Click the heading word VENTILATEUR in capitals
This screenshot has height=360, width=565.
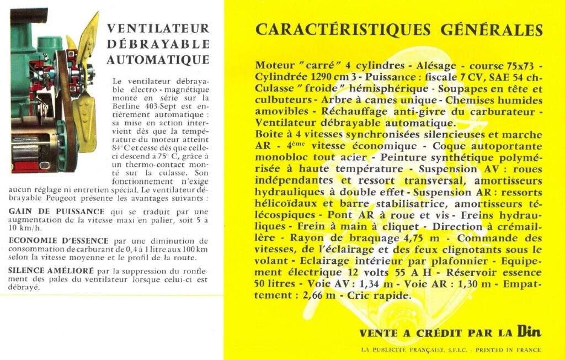(x=158, y=28)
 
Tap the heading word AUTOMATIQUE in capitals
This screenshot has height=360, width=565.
(x=158, y=60)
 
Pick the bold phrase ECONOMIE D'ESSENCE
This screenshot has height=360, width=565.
(x=60, y=241)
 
